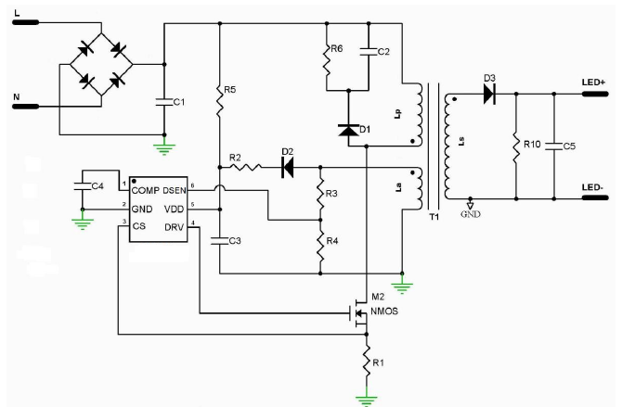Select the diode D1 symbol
click(x=348, y=132)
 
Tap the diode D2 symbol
click(x=287, y=167)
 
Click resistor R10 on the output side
click(x=515, y=145)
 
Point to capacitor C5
click(x=554, y=145)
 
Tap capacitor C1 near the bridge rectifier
click(x=164, y=101)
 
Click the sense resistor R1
click(x=368, y=359)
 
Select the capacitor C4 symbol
click(x=82, y=187)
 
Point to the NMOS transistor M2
click(x=356, y=312)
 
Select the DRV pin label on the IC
click(x=174, y=227)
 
